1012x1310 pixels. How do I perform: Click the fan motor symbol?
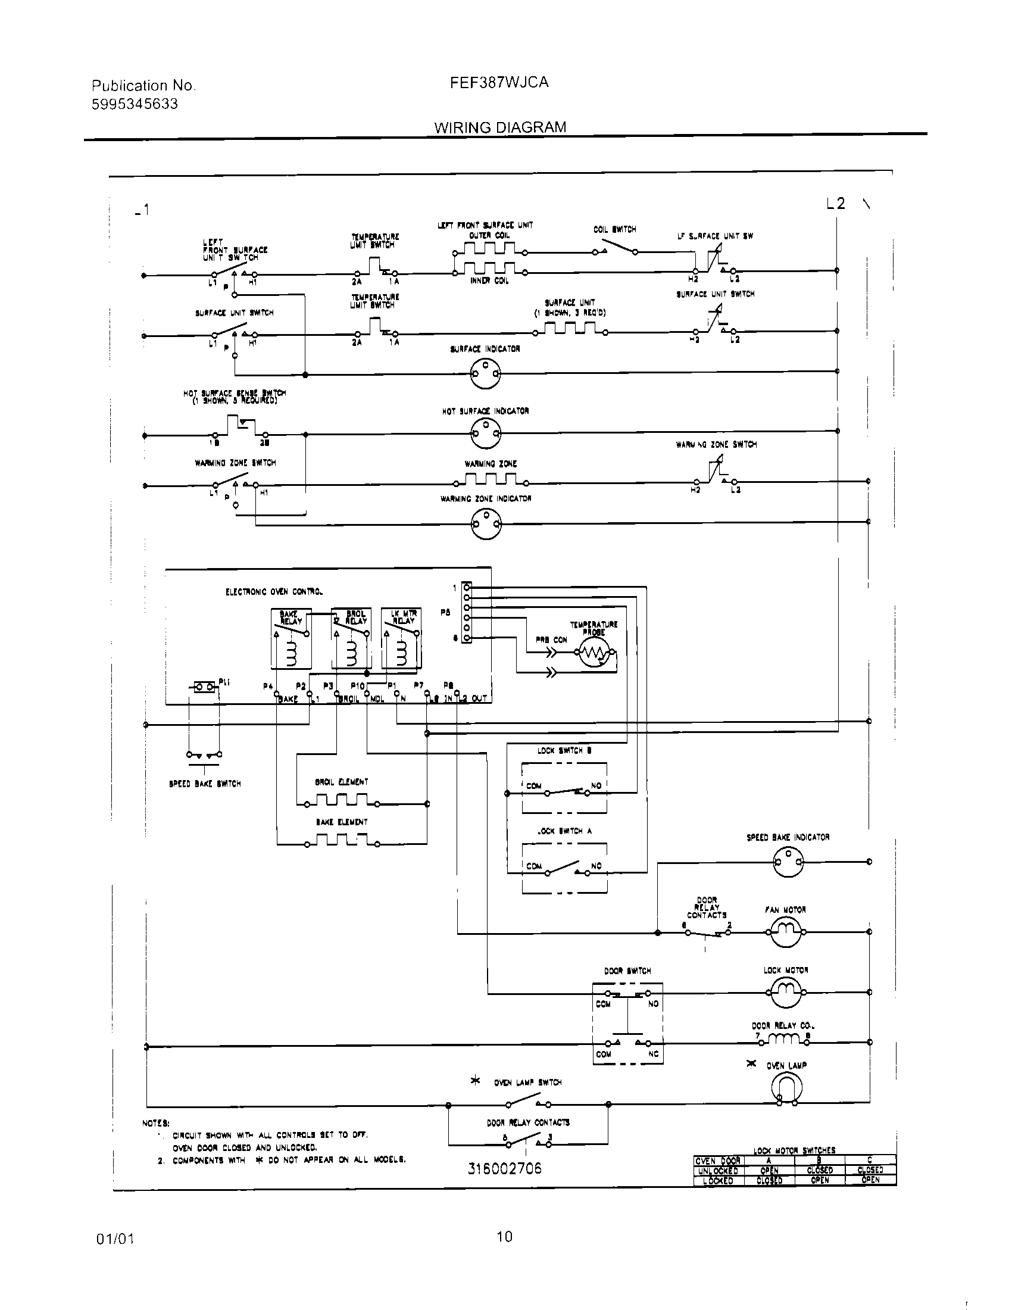coord(785,932)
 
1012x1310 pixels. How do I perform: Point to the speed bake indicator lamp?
coord(788,862)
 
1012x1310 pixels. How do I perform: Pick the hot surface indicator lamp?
coord(485,432)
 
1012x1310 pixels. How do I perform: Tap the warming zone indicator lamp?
coord(486,523)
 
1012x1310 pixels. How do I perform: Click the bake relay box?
coord(291,638)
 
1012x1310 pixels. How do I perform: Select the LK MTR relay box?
coord(401,638)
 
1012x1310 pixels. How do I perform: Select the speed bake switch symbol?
coord(204,756)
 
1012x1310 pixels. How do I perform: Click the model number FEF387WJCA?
coord(499,82)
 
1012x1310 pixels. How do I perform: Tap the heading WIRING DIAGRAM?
coord(500,127)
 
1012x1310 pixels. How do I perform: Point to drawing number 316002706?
coord(504,1168)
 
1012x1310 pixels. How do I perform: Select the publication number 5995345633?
coord(135,104)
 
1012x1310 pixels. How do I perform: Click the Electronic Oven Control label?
coord(274,592)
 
